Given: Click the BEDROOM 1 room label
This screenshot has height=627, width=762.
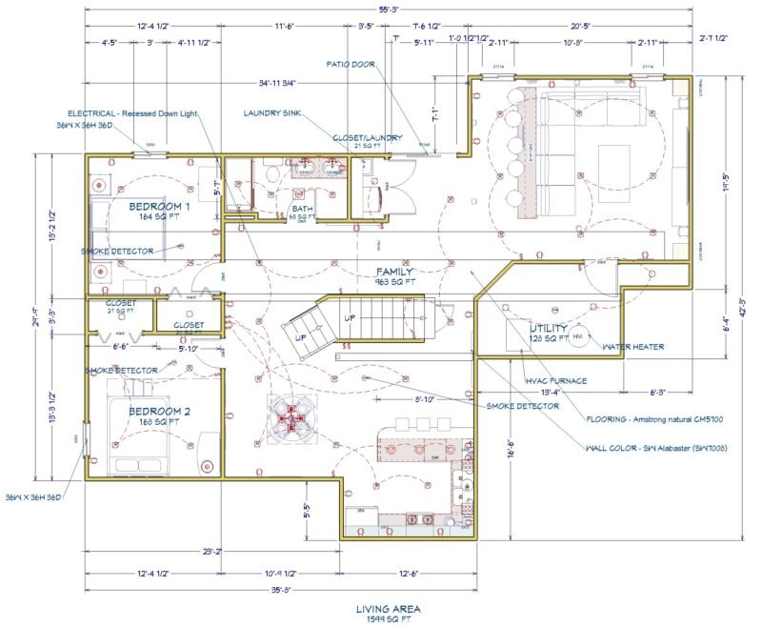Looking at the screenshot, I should pos(159,206).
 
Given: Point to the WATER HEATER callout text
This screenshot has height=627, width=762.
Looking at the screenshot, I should pos(632,347).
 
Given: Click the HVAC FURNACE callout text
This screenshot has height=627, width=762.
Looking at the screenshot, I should pos(555,381).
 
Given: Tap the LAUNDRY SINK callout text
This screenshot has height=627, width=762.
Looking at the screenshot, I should pos(276,112).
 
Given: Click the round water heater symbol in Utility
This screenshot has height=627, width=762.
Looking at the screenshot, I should pos(582,335).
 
